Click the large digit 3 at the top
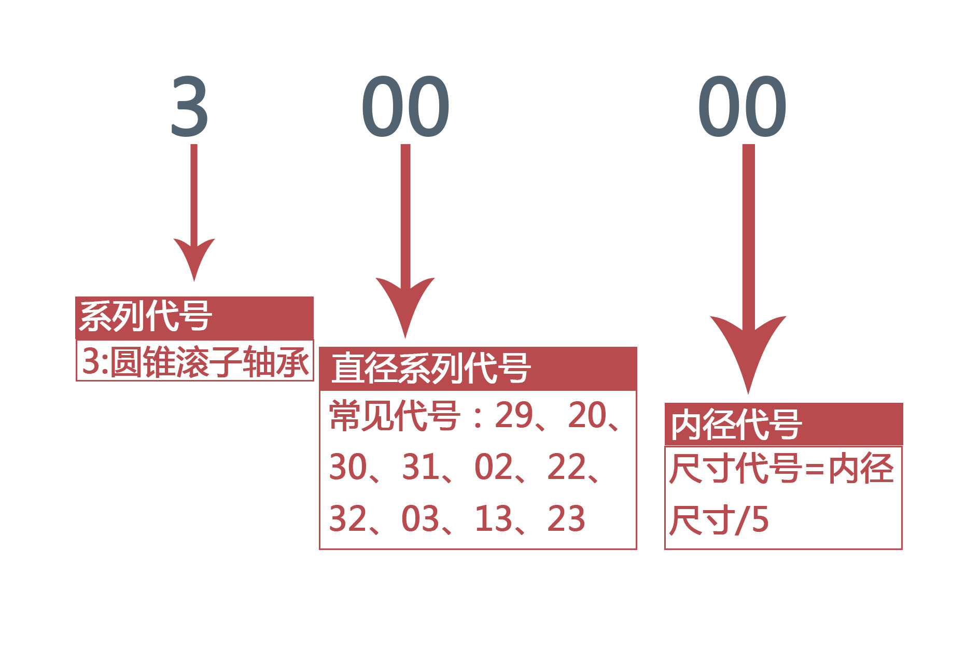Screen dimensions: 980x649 [190, 106]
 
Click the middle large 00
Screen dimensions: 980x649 [405, 106]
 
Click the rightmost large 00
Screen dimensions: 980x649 [743, 106]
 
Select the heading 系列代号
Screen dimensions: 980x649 [146, 316]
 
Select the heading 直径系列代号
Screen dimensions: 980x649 [431, 368]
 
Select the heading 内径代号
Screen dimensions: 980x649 [736, 425]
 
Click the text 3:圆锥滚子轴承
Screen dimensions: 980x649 [195, 361]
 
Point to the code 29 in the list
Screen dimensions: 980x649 [514, 415]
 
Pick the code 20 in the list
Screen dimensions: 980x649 [587, 415]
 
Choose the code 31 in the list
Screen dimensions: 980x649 [421, 467]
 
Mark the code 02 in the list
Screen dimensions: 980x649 [493, 467]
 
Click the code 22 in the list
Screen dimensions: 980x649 [566, 467]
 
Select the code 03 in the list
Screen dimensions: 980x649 [421, 519]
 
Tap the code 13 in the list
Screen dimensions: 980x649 [494, 519]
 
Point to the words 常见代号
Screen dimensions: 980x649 [395, 416]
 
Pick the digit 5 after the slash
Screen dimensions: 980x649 [760, 520]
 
